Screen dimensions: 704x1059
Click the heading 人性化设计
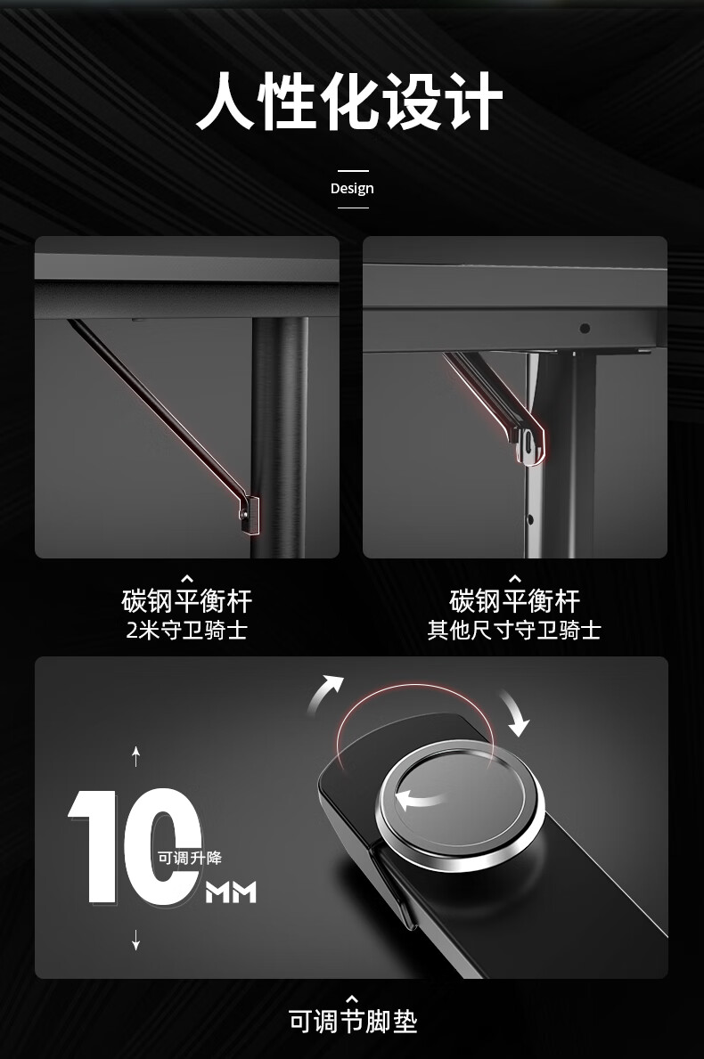350,102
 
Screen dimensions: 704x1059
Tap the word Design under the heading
352,189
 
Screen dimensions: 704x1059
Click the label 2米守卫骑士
187,630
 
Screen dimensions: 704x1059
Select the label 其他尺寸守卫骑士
515,630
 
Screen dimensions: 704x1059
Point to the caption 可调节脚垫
353,1021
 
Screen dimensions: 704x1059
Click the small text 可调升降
190,858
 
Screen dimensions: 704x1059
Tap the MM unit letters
231,892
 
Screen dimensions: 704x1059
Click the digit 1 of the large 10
94,845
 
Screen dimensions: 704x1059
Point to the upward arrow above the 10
135,757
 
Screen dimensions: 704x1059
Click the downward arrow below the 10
135,940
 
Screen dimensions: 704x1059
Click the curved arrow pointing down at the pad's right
515,713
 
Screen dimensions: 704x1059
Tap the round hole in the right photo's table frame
585,329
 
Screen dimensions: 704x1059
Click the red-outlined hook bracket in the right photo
528,439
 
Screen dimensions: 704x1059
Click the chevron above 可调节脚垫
352,999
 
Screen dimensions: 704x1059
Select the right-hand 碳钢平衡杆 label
515,600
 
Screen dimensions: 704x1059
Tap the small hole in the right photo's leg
530,519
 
